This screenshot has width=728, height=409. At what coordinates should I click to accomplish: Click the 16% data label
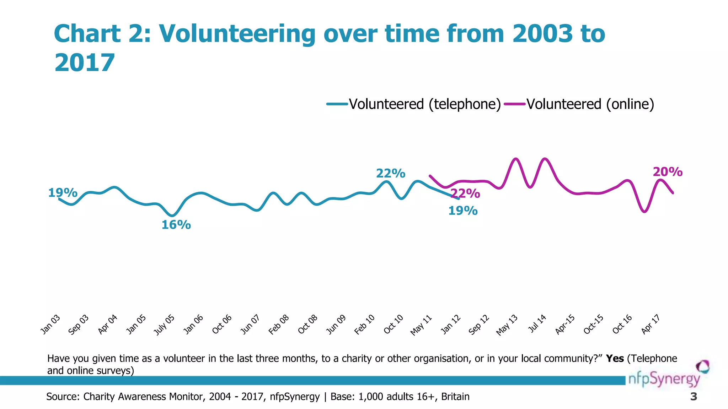tap(176, 225)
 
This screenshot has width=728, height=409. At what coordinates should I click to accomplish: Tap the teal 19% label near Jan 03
tap(63, 193)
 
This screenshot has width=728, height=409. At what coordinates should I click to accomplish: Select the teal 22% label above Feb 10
tap(390, 173)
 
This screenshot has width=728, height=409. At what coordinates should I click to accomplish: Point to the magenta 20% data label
tap(668, 172)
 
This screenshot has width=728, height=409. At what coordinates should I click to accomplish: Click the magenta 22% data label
tap(465, 193)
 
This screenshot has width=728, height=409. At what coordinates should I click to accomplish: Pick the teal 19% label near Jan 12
tap(462, 211)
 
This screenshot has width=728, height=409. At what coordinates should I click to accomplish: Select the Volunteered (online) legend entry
tap(590, 104)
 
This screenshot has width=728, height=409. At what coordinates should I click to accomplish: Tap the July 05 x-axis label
tap(164, 325)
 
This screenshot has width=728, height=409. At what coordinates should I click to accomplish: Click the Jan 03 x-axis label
tap(50, 325)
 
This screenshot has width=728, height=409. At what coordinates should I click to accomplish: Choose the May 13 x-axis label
tap(507, 325)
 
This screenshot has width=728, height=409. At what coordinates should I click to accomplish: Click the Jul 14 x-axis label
tap(537, 324)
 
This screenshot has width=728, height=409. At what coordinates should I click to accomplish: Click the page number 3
tap(693, 397)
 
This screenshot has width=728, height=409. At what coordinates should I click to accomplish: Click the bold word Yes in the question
tap(615, 359)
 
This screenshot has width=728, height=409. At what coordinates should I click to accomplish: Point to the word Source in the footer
tap(63, 397)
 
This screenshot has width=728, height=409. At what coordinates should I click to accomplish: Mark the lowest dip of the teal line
tap(172, 216)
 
